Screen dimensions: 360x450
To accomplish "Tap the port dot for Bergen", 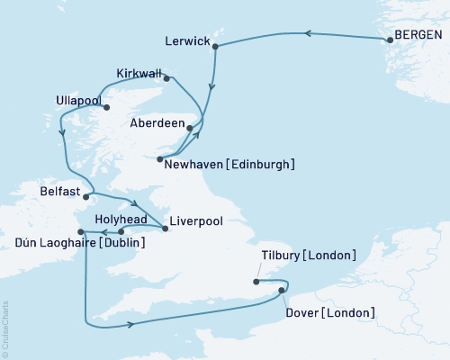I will (389, 40).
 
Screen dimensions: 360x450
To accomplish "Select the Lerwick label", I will (189, 41).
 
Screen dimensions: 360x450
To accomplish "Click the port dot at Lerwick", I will (217, 51).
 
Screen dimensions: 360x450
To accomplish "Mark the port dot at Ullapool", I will (107, 108).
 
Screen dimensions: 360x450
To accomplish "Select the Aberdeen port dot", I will (189, 128).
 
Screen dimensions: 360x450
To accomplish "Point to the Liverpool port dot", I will (165, 229).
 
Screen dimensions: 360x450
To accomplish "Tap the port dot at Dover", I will (282, 290).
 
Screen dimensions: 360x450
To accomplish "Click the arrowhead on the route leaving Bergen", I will (308, 34).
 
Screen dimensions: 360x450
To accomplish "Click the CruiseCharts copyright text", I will (4, 328).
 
